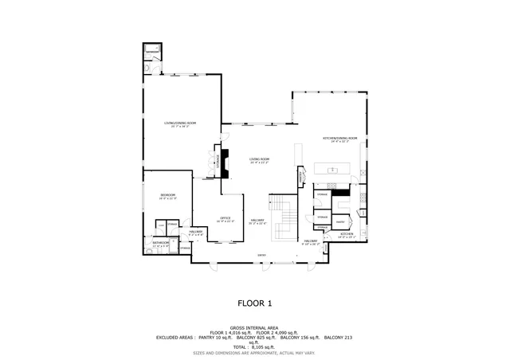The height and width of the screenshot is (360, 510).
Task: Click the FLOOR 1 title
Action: coord(255,303)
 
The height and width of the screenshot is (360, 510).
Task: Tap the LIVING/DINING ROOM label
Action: coord(180,123)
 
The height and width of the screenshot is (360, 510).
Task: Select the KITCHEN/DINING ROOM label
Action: coord(339,139)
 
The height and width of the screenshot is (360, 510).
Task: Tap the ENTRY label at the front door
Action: coord(261,256)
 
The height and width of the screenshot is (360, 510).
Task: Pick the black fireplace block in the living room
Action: coord(225,164)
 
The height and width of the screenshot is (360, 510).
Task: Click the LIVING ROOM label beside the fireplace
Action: coord(259,159)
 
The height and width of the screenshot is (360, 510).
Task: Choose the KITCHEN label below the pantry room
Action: coord(346,235)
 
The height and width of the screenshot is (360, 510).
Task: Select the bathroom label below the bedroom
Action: coord(161,245)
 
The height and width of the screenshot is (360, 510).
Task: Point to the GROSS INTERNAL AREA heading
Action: coord(255,327)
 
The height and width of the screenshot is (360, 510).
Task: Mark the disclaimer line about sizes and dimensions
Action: coord(255,353)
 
